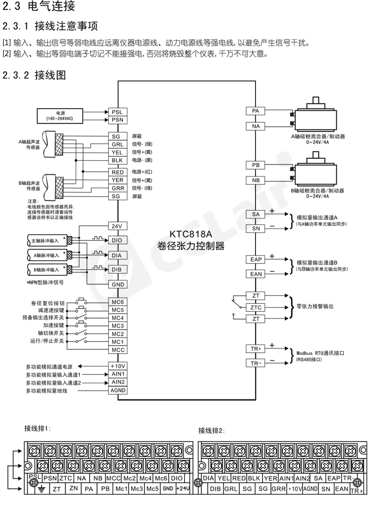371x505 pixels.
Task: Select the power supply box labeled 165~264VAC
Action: tap(61, 116)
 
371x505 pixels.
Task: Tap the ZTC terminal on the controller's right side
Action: tap(256, 307)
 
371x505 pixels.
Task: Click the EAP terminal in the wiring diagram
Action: tap(256, 260)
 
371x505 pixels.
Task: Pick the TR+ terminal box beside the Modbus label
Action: tap(256, 348)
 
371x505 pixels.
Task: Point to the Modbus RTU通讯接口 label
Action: tap(318, 353)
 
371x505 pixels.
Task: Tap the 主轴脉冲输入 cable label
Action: tap(46, 241)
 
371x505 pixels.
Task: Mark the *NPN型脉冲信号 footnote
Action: tap(45, 284)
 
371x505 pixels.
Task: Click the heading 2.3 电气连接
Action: tap(39, 8)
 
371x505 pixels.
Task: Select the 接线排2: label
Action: tap(212, 430)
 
